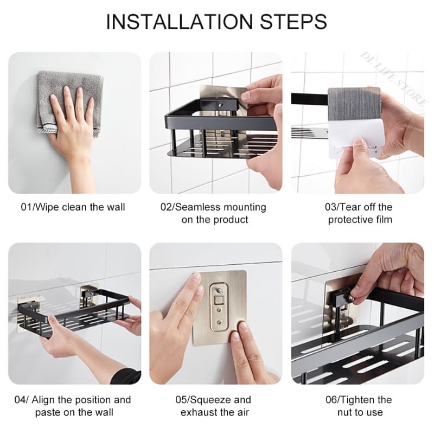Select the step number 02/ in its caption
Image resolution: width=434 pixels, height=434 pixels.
coord(168,207)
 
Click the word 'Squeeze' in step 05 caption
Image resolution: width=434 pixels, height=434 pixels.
coord(217,400)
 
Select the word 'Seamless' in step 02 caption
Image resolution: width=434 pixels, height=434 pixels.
coord(200,207)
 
